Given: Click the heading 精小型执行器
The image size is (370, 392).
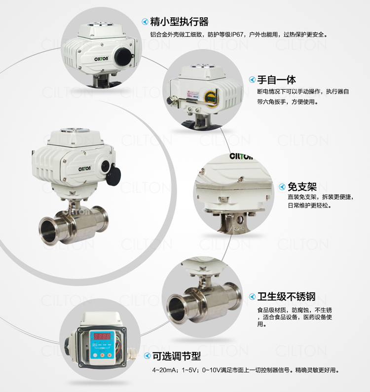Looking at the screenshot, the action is [x=179, y=22].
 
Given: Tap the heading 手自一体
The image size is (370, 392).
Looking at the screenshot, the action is [x=276, y=80].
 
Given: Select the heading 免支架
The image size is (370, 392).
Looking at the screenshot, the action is [x=302, y=187].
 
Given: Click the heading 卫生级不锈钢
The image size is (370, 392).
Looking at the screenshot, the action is [x=286, y=296].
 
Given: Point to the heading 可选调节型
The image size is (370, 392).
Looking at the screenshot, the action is [x=177, y=356].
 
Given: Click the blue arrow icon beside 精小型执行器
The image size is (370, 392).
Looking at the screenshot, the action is [x=145, y=22].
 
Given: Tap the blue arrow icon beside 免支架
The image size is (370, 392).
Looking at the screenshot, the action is [x=282, y=187].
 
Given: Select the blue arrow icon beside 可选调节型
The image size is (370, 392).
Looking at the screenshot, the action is [x=147, y=356].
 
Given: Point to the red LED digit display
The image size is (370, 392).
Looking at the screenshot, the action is [x=102, y=336].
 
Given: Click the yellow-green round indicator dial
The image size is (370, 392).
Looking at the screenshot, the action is [x=210, y=98].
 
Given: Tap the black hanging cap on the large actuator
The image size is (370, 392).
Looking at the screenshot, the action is [x=113, y=175].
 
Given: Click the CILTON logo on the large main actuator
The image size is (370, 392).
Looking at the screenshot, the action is [x=84, y=169].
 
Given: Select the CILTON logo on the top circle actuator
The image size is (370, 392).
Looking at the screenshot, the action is [x=101, y=59].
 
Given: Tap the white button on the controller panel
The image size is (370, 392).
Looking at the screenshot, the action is [x=95, y=355].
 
